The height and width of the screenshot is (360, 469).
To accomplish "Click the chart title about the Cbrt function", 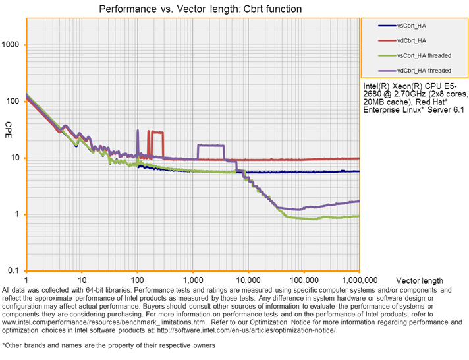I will [200, 9].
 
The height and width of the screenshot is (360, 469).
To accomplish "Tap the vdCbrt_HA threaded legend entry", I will [424, 70].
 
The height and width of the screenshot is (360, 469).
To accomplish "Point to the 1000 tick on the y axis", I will [13, 45].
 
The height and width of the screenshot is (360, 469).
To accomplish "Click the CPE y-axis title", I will [9, 126].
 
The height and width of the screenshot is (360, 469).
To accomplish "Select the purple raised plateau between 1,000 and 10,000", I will [211, 145].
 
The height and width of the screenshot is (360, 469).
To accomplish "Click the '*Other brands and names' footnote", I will [79, 345].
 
